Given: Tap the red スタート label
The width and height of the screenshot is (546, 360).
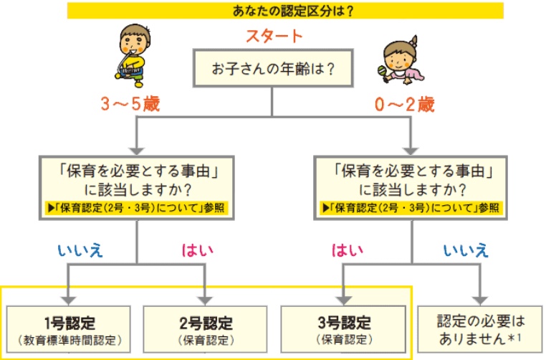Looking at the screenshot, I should pyautogui.click(x=274, y=36).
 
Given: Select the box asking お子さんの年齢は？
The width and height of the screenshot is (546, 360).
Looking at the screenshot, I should pyautogui.click(x=273, y=70).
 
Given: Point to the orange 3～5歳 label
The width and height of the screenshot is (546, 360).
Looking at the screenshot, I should pyautogui.click(x=129, y=105).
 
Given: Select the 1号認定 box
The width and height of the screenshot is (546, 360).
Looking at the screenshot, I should pyautogui.click(x=68, y=326).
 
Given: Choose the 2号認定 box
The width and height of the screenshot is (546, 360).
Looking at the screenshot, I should pyautogui.click(x=206, y=326).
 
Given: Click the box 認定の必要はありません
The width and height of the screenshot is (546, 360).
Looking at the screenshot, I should pyautogui.click(x=479, y=326).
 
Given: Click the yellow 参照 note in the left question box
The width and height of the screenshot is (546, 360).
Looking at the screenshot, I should pyautogui.click(x=136, y=209).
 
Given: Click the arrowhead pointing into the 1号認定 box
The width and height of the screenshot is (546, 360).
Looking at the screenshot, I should pyautogui.click(x=68, y=297).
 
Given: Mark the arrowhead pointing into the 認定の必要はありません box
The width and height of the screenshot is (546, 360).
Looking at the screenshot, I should pyautogui.click(x=479, y=297).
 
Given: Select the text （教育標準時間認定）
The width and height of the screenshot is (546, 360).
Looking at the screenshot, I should pyautogui.click(x=68, y=338).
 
